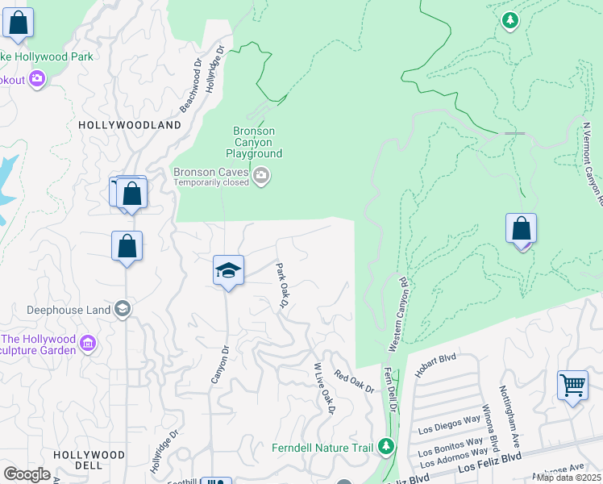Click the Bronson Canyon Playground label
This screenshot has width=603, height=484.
[254, 142]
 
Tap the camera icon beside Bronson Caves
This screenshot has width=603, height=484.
[260, 176]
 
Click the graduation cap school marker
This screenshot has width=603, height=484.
[228, 270]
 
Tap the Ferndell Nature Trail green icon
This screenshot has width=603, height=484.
[386, 445]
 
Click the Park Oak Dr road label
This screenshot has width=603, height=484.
[283, 284]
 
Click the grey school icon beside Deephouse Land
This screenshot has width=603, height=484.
[122, 309]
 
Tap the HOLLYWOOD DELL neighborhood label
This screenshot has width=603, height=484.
[89, 460]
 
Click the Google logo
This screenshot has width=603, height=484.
[27, 474]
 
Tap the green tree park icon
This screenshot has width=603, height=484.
[509, 20]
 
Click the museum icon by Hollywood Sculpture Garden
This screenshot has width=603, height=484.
[88, 345]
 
